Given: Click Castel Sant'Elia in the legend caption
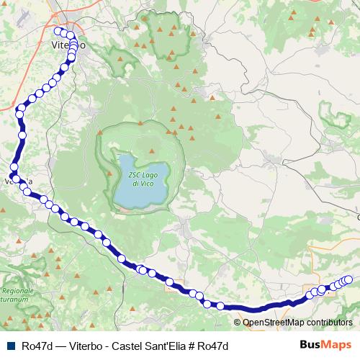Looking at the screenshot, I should coord(148,345).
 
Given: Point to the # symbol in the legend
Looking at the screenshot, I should coord(190,345).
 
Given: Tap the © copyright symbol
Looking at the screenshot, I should coord(238,323).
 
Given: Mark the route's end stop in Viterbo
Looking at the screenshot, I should coord(58,30).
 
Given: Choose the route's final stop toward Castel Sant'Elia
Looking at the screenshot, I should coord(350,279).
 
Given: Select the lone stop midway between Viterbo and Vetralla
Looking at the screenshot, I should coord(22,135).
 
